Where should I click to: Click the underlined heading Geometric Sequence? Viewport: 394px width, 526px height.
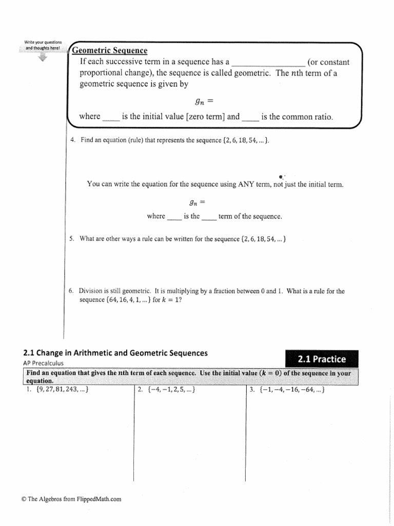[x=109, y=50]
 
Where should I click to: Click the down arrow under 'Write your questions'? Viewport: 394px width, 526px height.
[x=43, y=58]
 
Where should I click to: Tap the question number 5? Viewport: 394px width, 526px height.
[x=72, y=239]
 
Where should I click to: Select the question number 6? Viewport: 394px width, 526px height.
[x=72, y=291]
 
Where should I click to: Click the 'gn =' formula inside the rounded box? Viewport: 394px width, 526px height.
[x=200, y=101]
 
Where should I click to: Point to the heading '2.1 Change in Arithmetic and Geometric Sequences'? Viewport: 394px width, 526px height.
[x=115, y=353]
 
